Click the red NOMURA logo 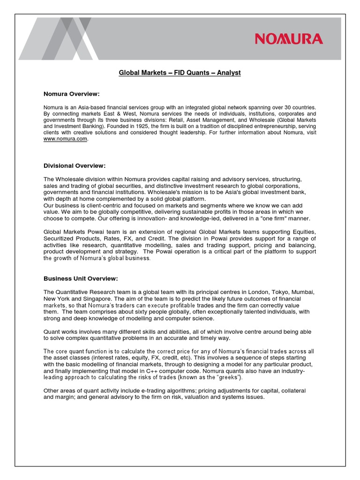[289, 38]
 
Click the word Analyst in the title [229, 73]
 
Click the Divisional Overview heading [75, 166]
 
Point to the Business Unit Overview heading [81, 278]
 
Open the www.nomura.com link [65, 139]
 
